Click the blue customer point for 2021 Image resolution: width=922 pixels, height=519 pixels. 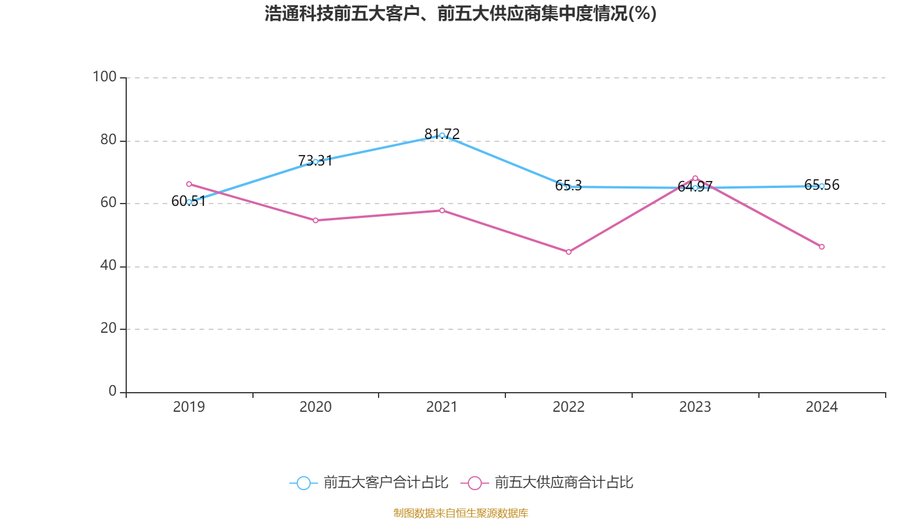(442, 136)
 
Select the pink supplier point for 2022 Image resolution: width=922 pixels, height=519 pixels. (569, 252)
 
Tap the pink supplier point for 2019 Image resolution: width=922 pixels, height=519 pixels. (189, 184)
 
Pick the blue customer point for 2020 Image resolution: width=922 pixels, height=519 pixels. (315, 161)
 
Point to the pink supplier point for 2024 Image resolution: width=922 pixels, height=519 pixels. (822, 247)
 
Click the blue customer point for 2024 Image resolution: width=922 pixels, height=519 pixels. (822, 186)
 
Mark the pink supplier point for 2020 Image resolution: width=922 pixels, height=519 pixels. (315, 220)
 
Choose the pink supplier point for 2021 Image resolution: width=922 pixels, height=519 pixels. (442, 210)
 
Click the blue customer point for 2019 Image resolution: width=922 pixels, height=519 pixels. (189, 202)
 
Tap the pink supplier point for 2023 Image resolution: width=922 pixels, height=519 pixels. (695, 178)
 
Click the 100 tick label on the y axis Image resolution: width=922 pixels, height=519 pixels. (104, 77)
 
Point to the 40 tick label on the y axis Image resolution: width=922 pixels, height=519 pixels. (108, 265)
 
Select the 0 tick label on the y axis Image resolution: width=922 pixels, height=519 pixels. (112, 391)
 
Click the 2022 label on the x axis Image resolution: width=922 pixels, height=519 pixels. (569, 407)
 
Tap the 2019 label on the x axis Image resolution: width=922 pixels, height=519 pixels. (189, 407)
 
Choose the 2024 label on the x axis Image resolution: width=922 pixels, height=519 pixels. (822, 407)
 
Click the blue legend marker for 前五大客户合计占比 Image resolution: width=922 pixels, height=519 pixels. (303, 483)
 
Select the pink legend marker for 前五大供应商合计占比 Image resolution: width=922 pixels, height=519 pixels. (474, 483)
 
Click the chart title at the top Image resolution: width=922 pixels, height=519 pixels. (460, 13)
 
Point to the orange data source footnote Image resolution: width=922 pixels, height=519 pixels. (460, 513)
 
